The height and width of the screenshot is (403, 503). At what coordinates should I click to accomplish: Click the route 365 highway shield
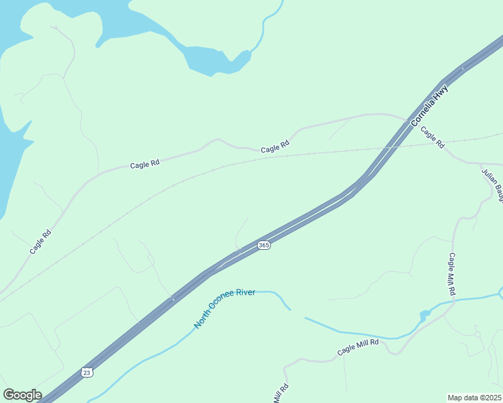click(x=264, y=246)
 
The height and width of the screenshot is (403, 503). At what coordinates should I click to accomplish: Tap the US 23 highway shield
click(x=87, y=372)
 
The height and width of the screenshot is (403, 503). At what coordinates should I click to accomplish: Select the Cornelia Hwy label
click(x=429, y=105)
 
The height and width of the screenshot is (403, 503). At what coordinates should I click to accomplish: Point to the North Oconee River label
click(x=225, y=309)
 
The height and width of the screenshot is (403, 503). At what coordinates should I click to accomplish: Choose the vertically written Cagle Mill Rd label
click(x=453, y=274)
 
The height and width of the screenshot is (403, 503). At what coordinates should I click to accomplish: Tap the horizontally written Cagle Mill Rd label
click(x=358, y=347)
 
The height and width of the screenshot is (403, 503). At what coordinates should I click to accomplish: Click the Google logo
click(x=22, y=395)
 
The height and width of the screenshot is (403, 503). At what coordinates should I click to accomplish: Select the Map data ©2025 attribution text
click(x=475, y=398)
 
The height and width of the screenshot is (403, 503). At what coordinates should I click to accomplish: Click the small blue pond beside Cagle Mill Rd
click(x=425, y=315)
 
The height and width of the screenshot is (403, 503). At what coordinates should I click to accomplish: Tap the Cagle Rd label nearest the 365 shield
click(x=275, y=145)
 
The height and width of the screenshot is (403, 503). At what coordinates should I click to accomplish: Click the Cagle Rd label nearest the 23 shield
click(x=40, y=242)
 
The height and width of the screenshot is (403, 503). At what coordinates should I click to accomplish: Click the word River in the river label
click(x=245, y=295)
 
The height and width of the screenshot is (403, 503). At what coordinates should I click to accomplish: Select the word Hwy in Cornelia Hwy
click(x=440, y=93)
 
